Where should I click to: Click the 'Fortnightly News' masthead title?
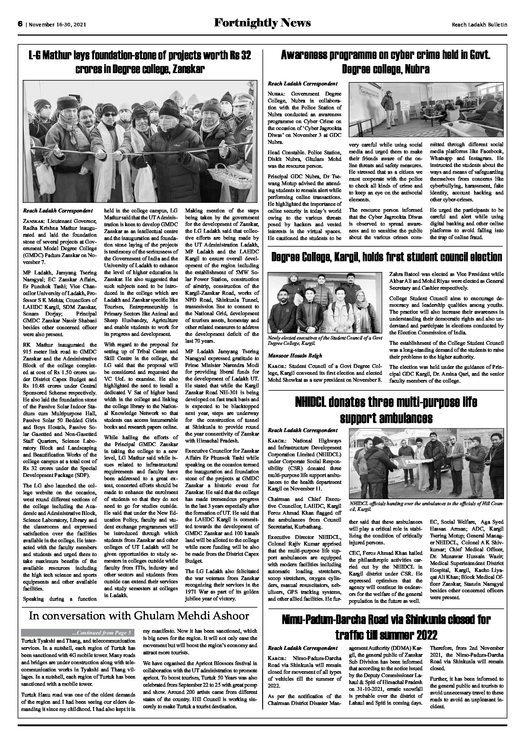point(262,23)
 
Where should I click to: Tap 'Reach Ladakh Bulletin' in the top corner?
point(479,25)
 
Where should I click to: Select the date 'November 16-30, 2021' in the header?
point(57,25)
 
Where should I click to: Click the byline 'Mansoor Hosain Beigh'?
point(295,356)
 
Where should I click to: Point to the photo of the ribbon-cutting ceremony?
point(140,141)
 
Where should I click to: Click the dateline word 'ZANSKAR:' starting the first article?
point(32,221)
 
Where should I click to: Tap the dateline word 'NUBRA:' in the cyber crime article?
point(276,94)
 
